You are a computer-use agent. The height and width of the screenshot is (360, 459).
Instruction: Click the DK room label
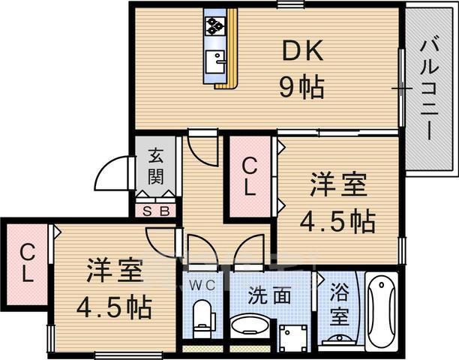pyautogui.click(x=303, y=52)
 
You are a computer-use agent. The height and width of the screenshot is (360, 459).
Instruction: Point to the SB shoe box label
pyautogui.click(x=156, y=211)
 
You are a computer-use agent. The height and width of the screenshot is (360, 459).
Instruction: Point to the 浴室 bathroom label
pyautogui.click(x=339, y=301)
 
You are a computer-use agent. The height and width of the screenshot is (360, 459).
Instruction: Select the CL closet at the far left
pyautogui.click(x=25, y=262)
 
